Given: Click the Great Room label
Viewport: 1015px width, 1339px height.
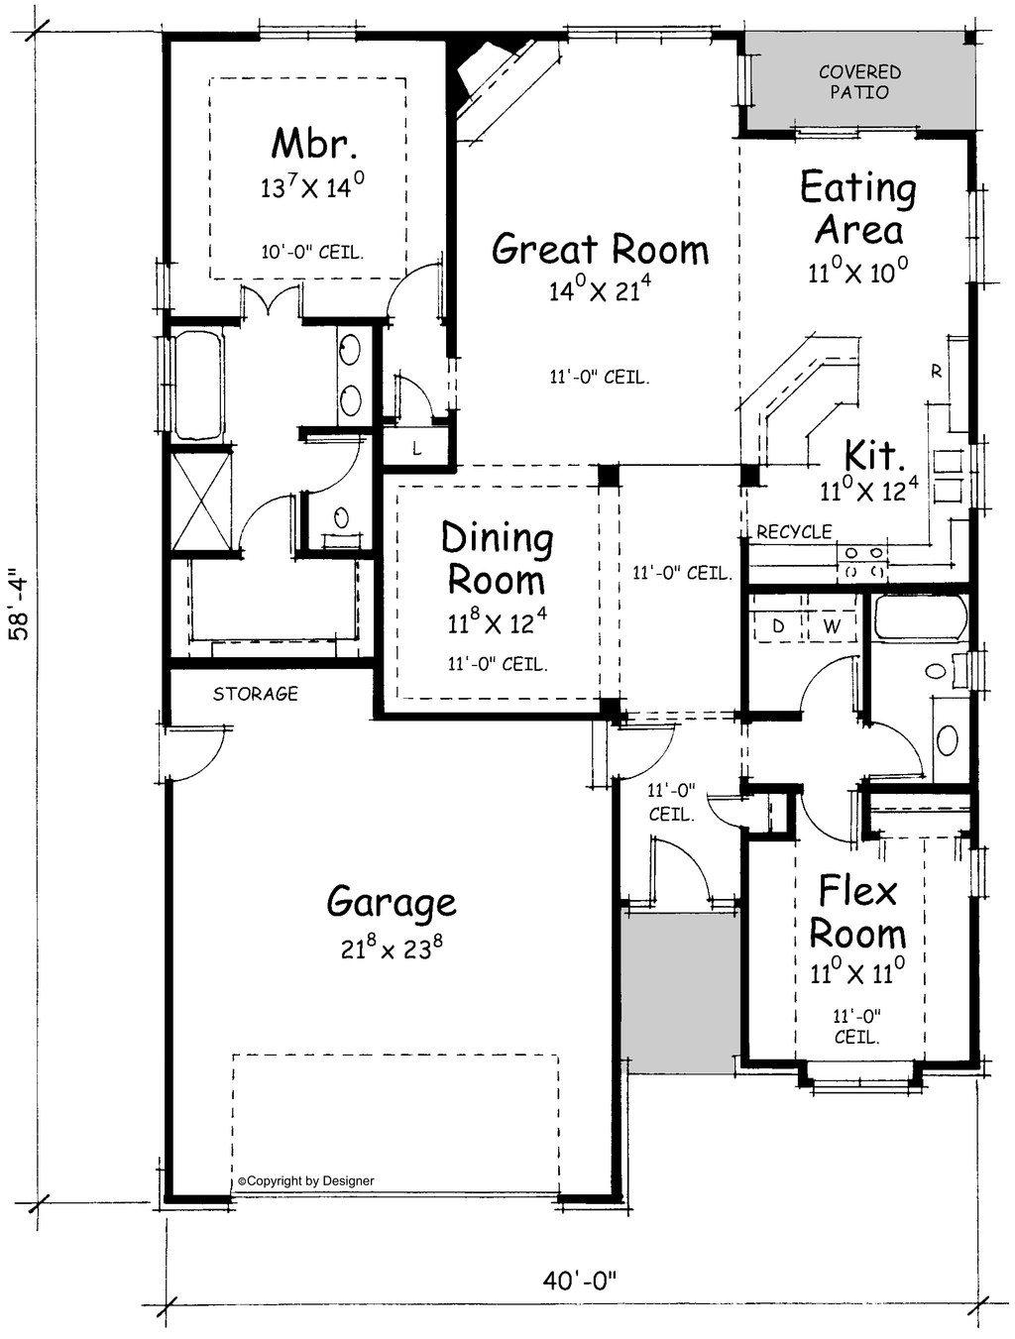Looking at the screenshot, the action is click(x=601, y=249).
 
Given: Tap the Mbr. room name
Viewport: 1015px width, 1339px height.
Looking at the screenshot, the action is click(x=314, y=144).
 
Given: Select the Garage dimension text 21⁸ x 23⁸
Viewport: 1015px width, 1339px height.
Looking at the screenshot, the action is click(x=392, y=948).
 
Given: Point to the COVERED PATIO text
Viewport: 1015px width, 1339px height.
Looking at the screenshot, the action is click(x=859, y=82).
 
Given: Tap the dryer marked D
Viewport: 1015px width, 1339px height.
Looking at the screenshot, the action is click(x=778, y=625).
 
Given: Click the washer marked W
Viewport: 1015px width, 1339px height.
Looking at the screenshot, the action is click(x=832, y=625).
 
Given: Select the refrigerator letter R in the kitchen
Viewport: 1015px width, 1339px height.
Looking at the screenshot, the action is click(x=937, y=371).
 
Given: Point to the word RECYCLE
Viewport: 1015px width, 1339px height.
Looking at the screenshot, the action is click(x=794, y=532).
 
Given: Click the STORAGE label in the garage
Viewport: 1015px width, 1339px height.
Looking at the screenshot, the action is click(x=255, y=694).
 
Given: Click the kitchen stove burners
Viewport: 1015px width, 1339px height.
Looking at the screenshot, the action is click(x=863, y=562).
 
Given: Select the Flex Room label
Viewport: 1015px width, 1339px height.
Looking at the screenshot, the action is click(x=857, y=912).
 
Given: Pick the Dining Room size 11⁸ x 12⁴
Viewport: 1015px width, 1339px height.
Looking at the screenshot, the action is click(x=498, y=623).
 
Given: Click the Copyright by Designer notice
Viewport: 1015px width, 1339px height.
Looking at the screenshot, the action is click(x=306, y=1181).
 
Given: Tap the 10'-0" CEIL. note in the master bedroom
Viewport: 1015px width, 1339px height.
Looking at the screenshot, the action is click(x=312, y=252).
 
